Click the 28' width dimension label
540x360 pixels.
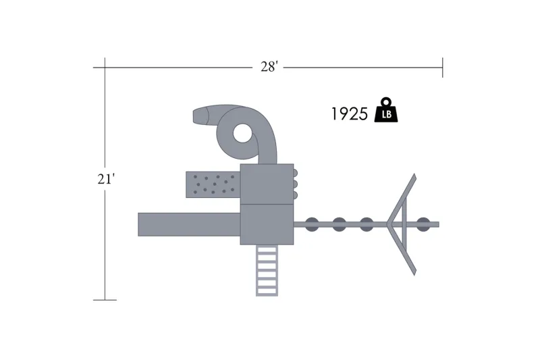click(269, 66)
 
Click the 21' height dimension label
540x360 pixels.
click(106, 179)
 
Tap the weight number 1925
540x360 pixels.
click(349, 113)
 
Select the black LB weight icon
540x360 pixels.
click(386, 110)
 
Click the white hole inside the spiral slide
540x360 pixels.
click(243, 133)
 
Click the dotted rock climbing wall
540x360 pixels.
click(213, 184)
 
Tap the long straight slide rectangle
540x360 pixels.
click(189, 225)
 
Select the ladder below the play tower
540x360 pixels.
click(267, 270)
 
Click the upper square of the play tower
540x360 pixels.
click(267, 184)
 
